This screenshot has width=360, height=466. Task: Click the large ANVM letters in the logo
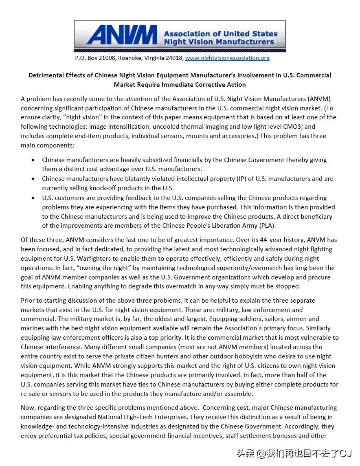pos(121,35)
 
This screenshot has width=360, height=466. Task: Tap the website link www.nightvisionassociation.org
pos(227,58)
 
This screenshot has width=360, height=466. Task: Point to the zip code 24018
pos(175,58)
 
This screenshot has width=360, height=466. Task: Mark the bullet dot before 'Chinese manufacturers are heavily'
pos(33,160)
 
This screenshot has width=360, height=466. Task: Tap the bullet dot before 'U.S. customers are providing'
pos(33,198)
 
